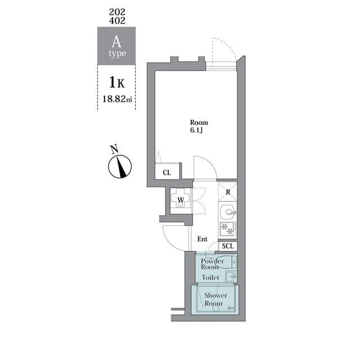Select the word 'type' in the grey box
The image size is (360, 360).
(117, 54)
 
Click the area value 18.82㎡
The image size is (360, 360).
(117, 100)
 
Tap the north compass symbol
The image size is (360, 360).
(120, 166)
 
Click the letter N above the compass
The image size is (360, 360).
(114, 149)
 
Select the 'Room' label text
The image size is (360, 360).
(199, 123)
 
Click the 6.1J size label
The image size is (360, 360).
(197, 131)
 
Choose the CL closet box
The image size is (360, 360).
(167, 172)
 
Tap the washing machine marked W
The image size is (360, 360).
(181, 200)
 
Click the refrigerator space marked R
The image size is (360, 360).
(227, 191)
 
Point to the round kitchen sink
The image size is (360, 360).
(227, 213)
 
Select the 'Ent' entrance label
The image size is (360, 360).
(202, 239)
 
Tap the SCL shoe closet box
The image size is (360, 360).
(227, 246)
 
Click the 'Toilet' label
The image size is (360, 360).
(212, 277)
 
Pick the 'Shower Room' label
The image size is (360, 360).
(215, 299)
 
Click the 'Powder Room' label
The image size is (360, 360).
(212, 264)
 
